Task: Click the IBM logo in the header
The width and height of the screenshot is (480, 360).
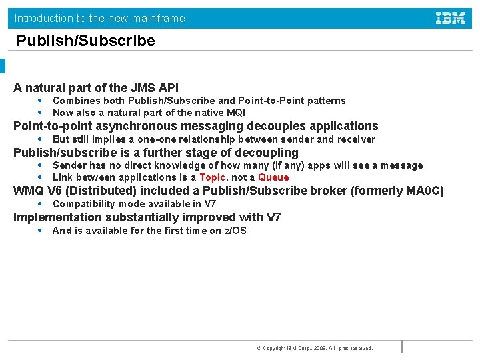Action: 451,19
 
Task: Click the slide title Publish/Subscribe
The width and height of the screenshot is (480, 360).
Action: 85,41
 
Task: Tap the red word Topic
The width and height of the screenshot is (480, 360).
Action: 212,177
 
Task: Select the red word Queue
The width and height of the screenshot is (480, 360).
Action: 273,177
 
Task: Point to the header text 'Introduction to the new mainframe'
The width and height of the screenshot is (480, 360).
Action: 100,18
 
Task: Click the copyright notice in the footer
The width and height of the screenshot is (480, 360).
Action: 315,348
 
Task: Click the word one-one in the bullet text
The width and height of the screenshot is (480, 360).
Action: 155,139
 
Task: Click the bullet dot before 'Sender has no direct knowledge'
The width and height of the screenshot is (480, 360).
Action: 41,165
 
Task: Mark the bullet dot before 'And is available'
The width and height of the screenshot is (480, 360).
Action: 41,231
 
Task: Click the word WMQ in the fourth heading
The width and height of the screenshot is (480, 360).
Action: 29,191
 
